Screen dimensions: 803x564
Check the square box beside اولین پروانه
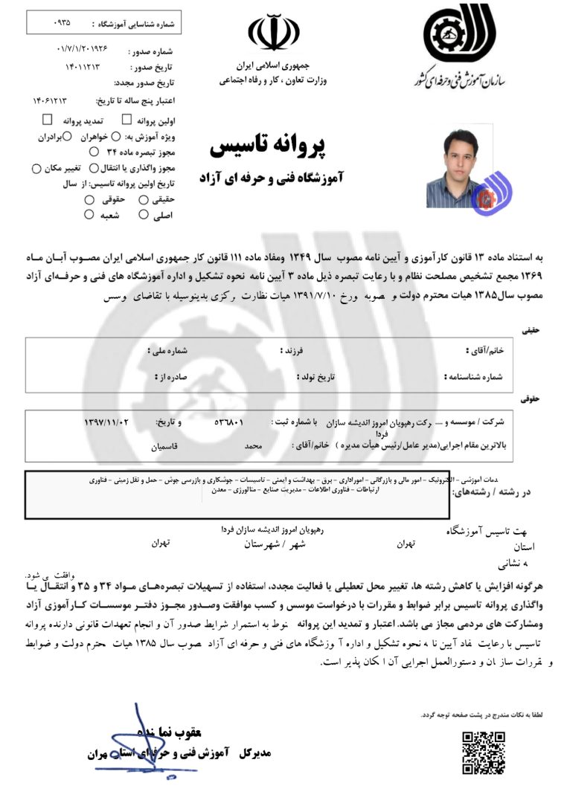click(x=126, y=120)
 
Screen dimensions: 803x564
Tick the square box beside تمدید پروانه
click(x=48, y=120)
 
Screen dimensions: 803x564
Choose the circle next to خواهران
click(x=94, y=136)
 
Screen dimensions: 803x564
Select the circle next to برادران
click(x=66, y=136)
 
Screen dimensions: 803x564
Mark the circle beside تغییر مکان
click(x=36, y=169)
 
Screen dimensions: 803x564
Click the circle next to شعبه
click(x=89, y=216)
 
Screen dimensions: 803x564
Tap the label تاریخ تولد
click(x=316, y=377)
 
